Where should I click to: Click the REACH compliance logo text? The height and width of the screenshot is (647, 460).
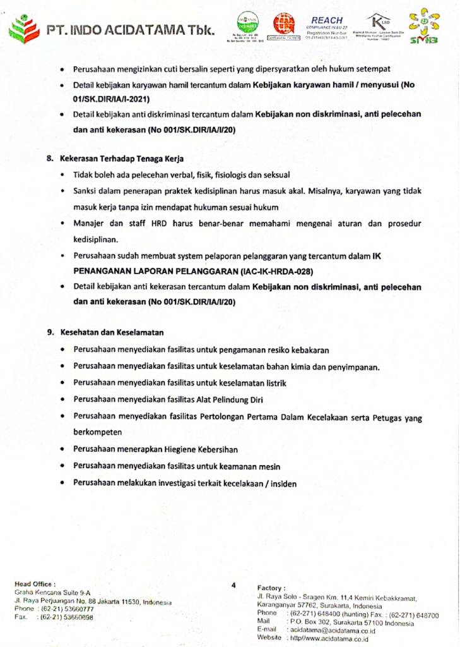click(x=327, y=20)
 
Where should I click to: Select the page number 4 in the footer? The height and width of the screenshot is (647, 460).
click(x=233, y=585)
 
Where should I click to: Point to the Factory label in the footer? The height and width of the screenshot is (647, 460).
click(x=272, y=588)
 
